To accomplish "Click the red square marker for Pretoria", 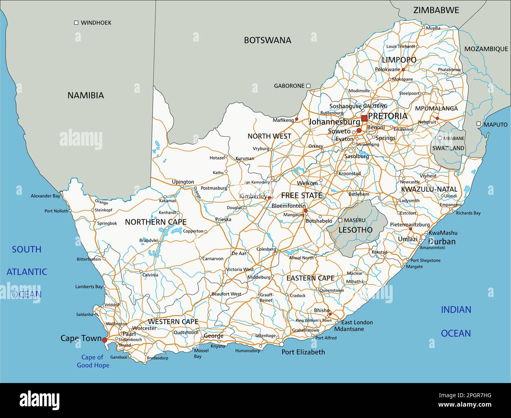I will [x=364, y=118].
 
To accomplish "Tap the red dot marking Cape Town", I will [x=105, y=340].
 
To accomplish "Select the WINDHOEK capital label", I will [x=96, y=23].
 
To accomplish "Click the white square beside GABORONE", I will [x=309, y=86].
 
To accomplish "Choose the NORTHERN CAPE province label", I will [x=156, y=222].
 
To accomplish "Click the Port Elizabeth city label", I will [x=303, y=352].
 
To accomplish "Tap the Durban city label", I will [x=442, y=241].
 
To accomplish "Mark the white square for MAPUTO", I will [x=478, y=124].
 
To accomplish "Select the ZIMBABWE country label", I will [x=436, y=10].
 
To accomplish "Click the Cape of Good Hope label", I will [x=93, y=361].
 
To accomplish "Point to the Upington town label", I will [x=183, y=182].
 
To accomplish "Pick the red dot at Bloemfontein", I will [x=305, y=211].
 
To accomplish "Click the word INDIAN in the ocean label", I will [x=456, y=310].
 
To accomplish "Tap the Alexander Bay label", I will [x=46, y=196].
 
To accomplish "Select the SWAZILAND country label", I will [x=449, y=148].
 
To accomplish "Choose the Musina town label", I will [x=433, y=28].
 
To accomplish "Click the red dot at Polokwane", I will [x=403, y=70].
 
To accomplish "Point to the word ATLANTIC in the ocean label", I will [x=27, y=271].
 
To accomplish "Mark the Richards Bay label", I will [x=468, y=213].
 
